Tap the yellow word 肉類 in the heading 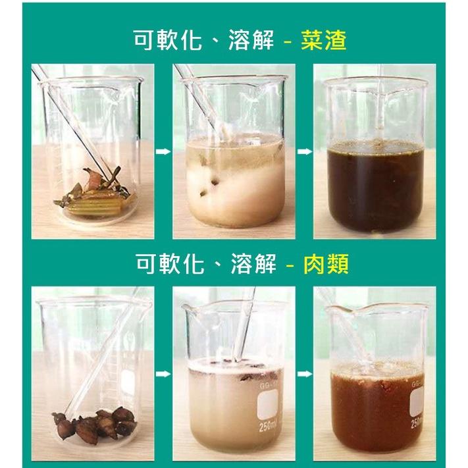pyautogui.click(x=325, y=265)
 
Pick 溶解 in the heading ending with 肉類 pyautogui.click(x=253, y=265)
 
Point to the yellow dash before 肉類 pyautogui.click(x=290, y=266)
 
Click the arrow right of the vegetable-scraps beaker pyautogui.click(x=162, y=151)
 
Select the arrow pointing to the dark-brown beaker pyautogui.click(x=304, y=151)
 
